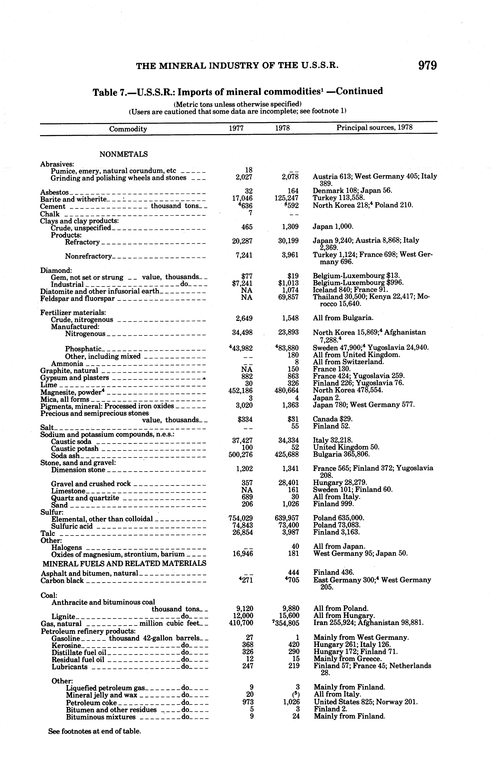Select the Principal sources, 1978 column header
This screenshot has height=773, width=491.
coord(374,127)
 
